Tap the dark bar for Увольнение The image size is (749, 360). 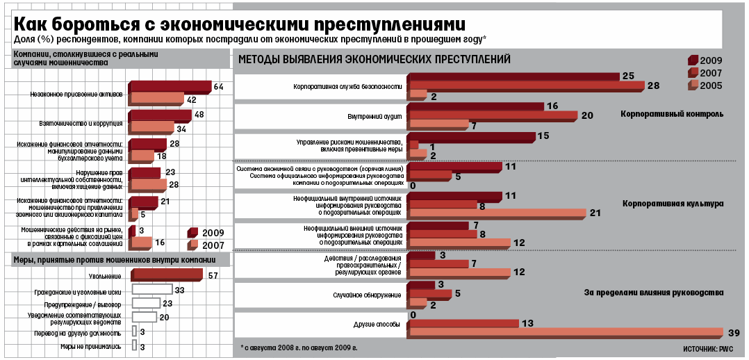coord(167,275)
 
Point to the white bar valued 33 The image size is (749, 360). coord(151,289)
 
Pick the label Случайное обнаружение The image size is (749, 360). coord(370,295)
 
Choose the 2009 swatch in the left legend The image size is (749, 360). coord(192,232)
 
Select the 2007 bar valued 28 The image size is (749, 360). coord(525,85)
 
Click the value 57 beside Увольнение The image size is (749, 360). coord(213,275)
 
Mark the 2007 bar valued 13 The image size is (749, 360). coord(463,322)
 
